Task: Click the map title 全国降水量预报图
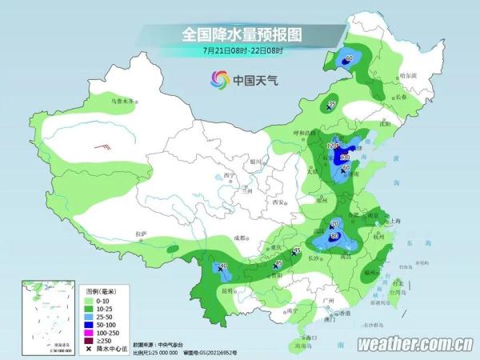(239, 34)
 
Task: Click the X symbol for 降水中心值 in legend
(89, 350)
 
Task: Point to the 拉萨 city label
(142, 234)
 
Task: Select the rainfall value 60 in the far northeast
(349, 58)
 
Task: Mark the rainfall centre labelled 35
(332, 105)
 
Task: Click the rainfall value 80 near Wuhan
(334, 236)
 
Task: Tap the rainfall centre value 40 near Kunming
(223, 266)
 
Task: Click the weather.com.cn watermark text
(413, 344)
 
